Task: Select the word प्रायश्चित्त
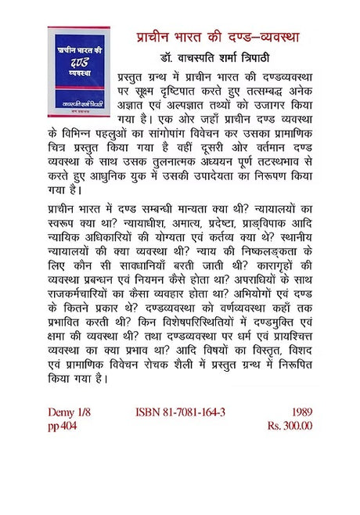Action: click(x=287, y=359)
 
